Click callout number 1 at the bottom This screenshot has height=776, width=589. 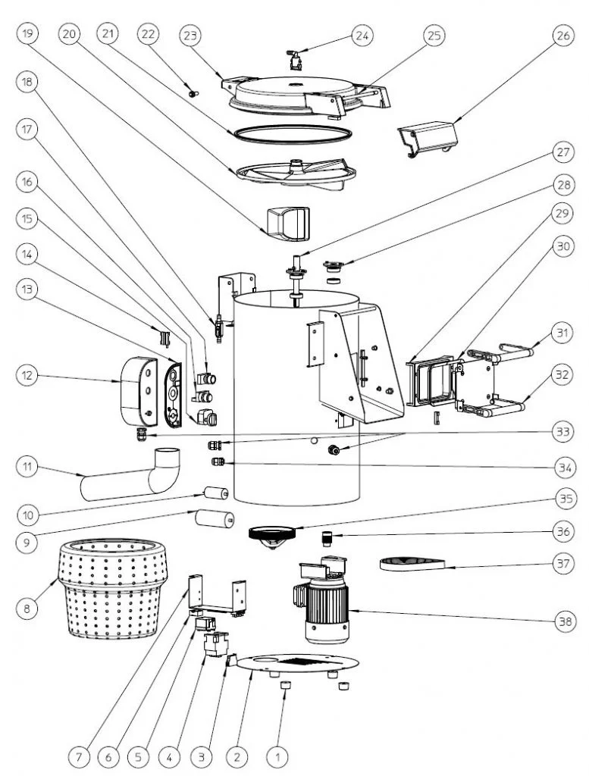(278, 756)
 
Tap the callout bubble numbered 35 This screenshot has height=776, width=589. (561, 499)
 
